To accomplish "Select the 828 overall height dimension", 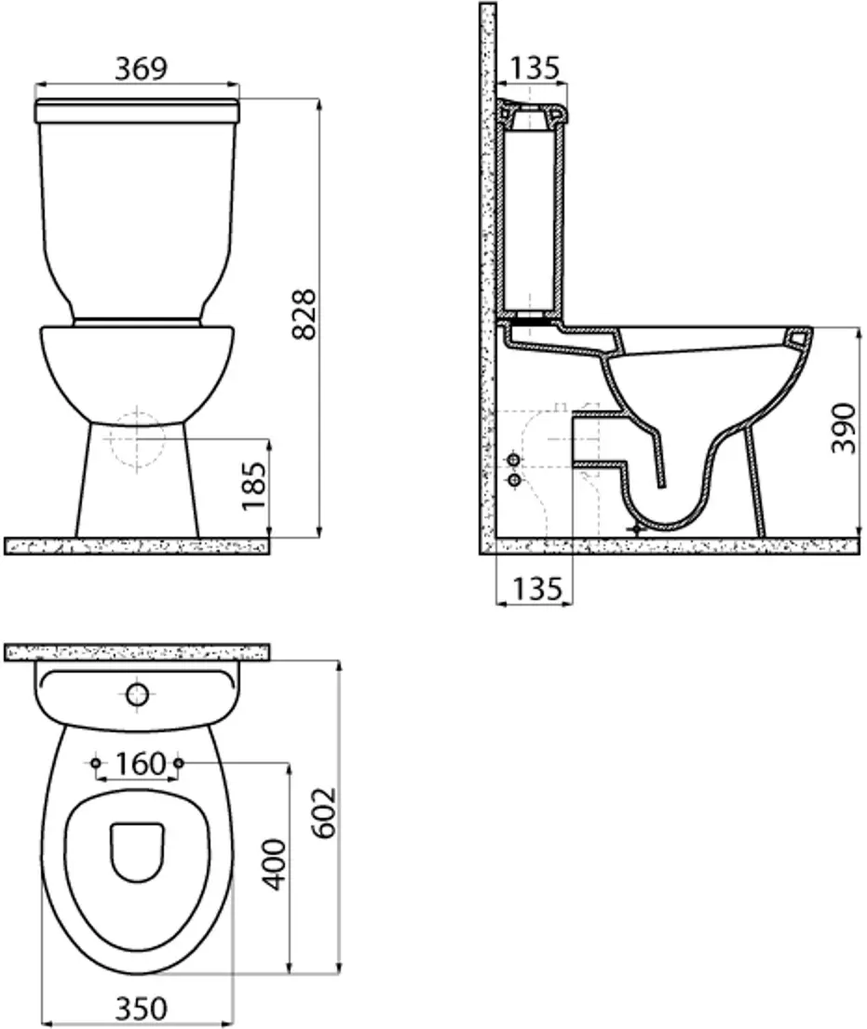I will point(304,314).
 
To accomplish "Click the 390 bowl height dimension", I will point(844,427).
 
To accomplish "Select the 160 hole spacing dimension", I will point(141,764).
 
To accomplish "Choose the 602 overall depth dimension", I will point(323,813).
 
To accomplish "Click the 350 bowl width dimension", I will point(141,1009).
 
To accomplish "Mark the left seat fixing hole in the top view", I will point(96,763).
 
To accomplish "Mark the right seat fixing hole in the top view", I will point(180,763).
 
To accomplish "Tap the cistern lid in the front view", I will point(138,111).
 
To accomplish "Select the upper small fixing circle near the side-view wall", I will point(512,461).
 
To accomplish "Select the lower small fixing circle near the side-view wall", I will point(512,479).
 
